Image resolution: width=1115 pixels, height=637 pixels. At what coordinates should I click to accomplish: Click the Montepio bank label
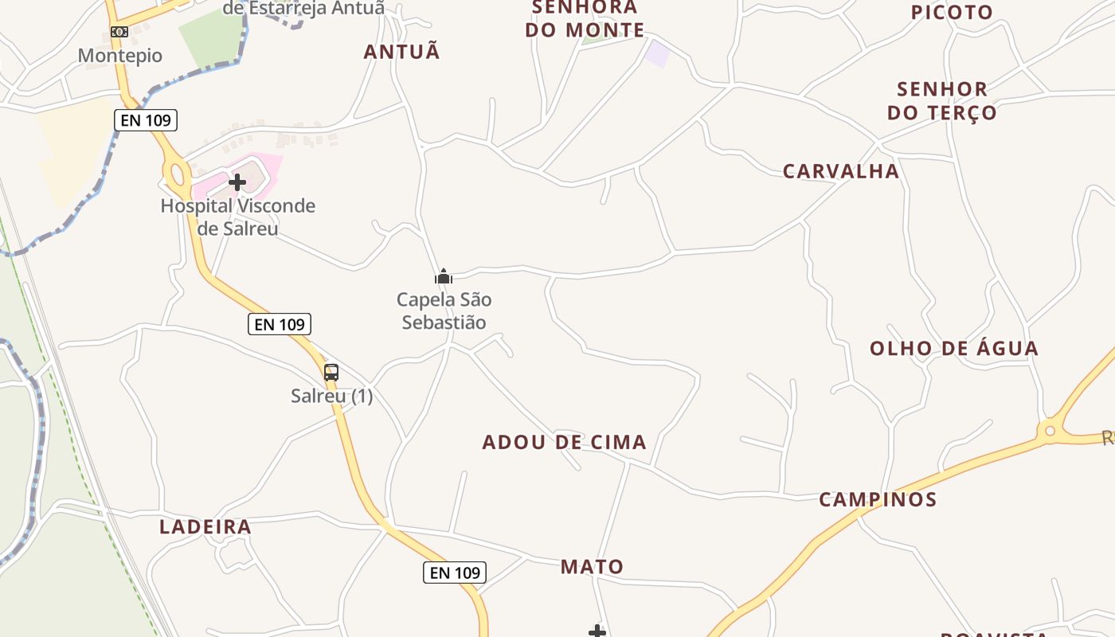[120, 56]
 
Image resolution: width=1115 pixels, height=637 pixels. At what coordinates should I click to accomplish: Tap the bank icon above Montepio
[119, 32]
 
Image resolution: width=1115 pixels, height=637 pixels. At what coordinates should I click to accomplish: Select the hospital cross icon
[237, 182]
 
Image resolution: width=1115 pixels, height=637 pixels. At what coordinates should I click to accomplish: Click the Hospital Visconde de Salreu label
[238, 217]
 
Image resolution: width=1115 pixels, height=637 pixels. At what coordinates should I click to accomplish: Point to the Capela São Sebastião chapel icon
[444, 277]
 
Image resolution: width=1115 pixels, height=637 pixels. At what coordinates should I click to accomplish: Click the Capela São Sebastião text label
[444, 311]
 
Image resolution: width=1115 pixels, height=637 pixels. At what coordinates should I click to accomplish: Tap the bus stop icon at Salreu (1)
[331, 372]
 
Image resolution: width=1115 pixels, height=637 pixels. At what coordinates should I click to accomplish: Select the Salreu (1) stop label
[331, 396]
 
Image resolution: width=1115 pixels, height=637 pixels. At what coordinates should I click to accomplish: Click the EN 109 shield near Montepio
[145, 120]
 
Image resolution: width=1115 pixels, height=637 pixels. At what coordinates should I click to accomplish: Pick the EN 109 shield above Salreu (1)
[279, 324]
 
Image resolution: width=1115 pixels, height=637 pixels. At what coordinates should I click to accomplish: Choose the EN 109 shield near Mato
[454, 572]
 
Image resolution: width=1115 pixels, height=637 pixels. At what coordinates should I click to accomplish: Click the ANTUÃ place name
[401, 52]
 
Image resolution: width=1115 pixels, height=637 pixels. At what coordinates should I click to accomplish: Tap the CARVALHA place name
[840, 171]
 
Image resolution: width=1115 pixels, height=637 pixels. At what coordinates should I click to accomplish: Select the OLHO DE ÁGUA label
[953, 348]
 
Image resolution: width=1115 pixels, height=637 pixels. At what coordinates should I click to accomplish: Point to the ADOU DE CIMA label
[564, 442]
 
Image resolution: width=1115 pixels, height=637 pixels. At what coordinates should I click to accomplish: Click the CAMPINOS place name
[878, 499]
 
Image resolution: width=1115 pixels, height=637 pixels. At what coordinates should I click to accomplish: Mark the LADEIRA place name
[205, 526]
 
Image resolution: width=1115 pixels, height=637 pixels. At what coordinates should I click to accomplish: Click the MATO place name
[592, 566]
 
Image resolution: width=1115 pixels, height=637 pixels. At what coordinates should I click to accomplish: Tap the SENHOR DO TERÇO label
[942, 100]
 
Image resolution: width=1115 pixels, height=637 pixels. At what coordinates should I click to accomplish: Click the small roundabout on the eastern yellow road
[1050, 431]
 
